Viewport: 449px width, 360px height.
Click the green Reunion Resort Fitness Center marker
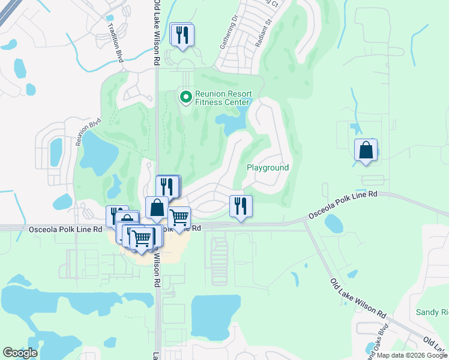(x=185, y=96)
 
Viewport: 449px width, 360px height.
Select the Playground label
(x=268, y=168)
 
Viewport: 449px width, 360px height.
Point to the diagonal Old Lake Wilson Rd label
(x=358, y=298)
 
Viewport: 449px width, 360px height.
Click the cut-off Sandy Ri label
(x=432, y=313)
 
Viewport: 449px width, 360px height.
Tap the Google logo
(x=20, y=353)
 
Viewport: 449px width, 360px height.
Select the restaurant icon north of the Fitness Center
(x=181, y=34)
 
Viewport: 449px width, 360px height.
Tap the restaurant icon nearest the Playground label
(x=241, y=206)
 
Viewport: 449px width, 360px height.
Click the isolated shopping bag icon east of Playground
(x=366, y=150)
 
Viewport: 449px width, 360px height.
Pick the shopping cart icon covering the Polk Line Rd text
(x=179, y=217)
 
